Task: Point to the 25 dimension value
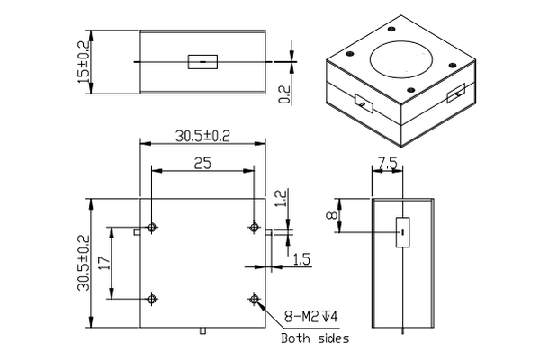point(203,162)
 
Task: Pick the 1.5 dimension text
point(301,259)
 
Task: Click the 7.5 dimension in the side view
point(388,164)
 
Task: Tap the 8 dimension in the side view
point(331,216)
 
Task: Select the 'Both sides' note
point(314,339)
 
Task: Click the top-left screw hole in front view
point(153,226)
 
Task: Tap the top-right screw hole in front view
point(255,226)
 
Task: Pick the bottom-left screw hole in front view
point(153,299)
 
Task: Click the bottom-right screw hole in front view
point(255,299)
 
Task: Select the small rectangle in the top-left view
point(202,62)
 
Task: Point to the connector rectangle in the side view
point(402,231)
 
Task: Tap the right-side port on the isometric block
point(455,93)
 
